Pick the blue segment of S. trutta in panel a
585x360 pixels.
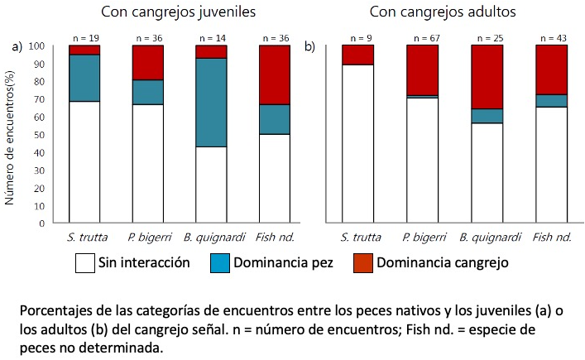click(x=84, y=78)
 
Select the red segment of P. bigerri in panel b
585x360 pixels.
click(x=422, y=70)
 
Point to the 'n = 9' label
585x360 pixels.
click(x=357, y=38)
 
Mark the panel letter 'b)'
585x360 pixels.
click(x=310, y=47)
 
